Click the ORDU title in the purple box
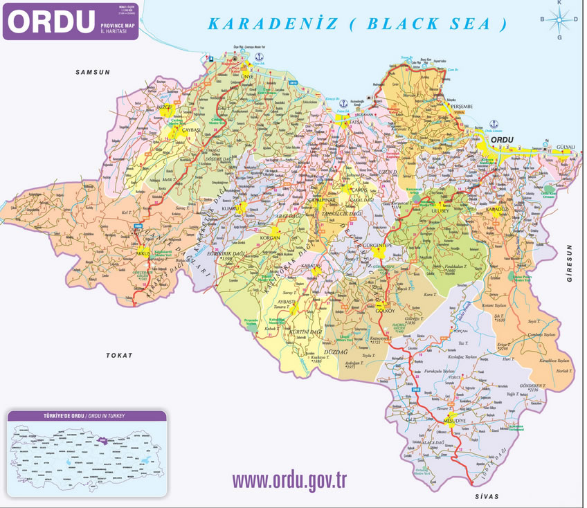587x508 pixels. coord(50,21)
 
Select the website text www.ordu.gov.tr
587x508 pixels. coord(289,480)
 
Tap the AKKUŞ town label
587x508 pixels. coord(144,255)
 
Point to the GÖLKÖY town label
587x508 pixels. coord(384,311)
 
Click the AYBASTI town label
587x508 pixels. coord(286,302)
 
